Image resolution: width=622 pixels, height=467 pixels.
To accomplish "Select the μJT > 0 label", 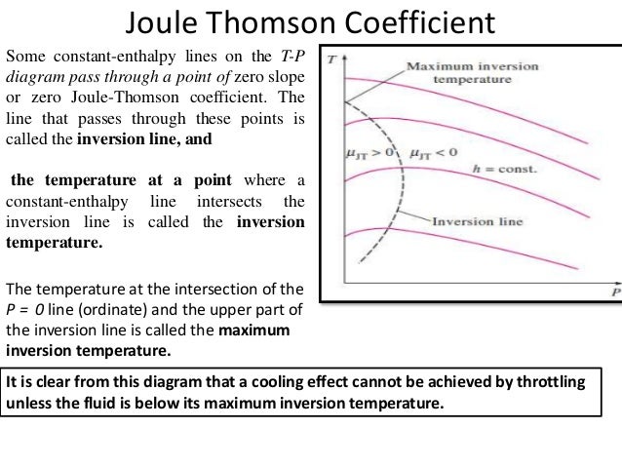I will [x=372, y=154].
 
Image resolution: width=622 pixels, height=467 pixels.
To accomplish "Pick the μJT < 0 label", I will [x=429, y=154].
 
